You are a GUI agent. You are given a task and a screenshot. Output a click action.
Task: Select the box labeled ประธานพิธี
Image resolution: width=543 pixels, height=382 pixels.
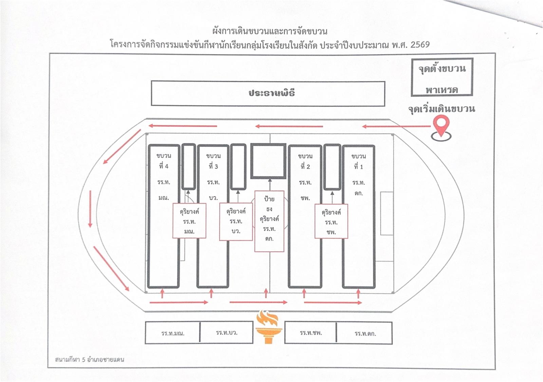click(268, 93)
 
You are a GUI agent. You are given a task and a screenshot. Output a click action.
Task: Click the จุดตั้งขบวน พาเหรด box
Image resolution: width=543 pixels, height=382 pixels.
click(442, 77)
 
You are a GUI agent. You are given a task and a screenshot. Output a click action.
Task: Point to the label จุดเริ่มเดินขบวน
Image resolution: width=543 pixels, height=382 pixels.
click(441, 109)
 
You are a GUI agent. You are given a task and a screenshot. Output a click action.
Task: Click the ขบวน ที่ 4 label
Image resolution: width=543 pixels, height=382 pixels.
click(164, 161)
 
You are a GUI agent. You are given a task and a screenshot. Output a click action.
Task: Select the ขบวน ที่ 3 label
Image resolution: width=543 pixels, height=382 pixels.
click(213, 161)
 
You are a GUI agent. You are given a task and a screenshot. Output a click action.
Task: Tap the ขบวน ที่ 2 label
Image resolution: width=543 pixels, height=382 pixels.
click(305, 161)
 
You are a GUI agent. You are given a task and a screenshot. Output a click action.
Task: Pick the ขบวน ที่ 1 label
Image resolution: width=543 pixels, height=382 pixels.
click(358, 161)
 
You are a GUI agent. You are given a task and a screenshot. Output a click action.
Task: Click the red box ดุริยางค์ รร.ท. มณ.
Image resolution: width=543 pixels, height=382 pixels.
click(189, 221)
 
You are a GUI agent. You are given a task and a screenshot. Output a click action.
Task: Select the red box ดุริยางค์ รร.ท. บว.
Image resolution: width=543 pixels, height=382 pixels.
click(236, 221)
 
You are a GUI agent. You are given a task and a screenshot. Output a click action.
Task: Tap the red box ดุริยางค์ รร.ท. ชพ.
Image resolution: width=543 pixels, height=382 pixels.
click(331, 222)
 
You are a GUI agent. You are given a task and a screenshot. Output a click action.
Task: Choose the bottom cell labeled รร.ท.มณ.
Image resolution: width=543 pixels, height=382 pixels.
click(173, 333)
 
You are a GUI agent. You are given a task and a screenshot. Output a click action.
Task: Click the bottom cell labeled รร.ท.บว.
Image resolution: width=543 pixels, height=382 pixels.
click(226, 332)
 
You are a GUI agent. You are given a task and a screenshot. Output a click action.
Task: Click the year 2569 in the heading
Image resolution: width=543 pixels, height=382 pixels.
click(420, 44)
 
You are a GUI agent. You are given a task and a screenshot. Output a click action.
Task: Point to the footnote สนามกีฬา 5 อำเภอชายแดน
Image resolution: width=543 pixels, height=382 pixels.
click(90, 359)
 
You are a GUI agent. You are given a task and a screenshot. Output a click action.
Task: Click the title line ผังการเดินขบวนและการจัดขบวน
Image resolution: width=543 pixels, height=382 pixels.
click(270, 31)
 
